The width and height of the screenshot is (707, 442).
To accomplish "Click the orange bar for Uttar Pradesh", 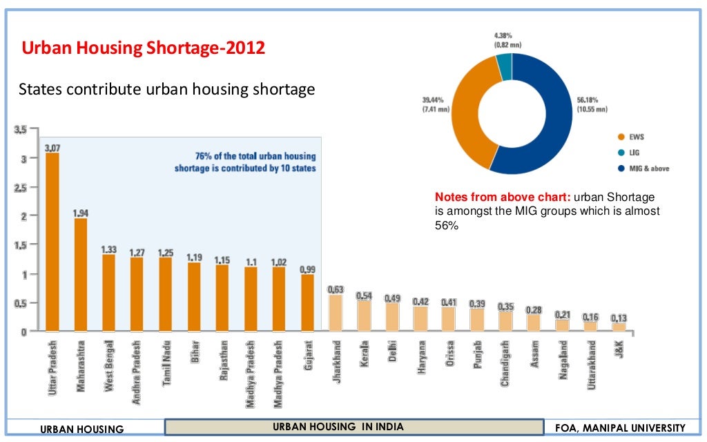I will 52,242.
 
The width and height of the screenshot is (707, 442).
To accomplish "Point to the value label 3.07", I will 52,148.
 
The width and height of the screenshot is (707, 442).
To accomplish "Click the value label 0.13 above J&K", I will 619,318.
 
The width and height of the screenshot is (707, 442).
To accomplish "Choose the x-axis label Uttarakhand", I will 591,364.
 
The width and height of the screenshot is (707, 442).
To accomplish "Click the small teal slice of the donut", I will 504,67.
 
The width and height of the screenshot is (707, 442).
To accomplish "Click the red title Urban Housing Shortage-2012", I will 143,48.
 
